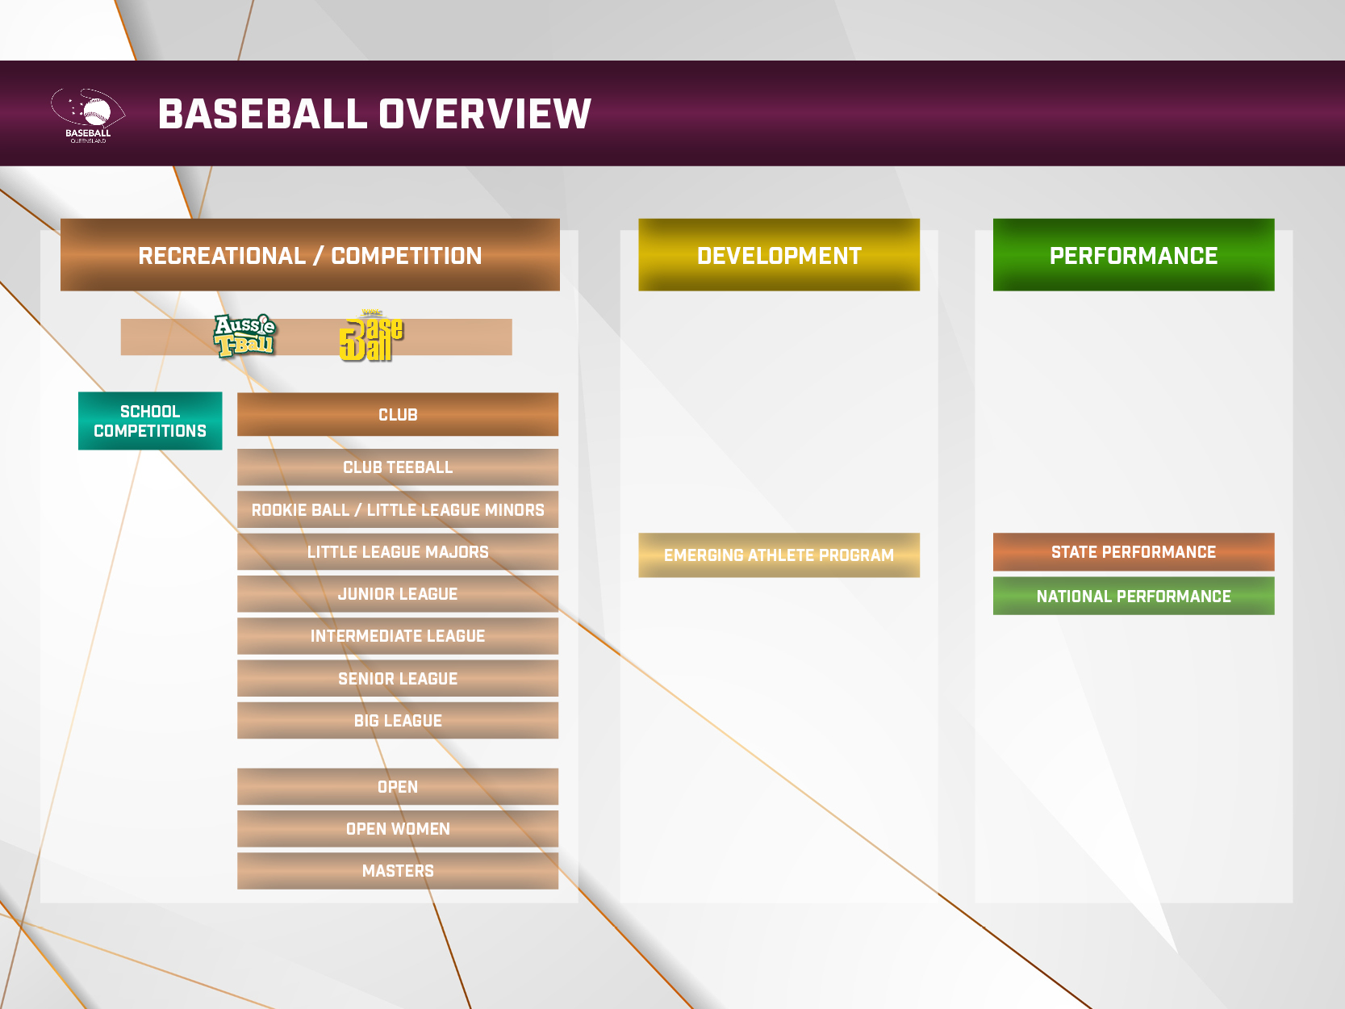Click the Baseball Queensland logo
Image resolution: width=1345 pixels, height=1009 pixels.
(88, 115)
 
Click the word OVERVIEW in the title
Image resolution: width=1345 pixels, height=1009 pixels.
(485, 114)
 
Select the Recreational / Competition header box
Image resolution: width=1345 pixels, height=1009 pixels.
(310, 255)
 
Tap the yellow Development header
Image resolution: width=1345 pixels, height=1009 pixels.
(779, 255)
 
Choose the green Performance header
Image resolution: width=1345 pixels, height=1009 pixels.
(1134, 255)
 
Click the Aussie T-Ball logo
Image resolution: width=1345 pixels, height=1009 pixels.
(244, 336)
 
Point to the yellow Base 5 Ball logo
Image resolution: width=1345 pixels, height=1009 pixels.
(370, 335)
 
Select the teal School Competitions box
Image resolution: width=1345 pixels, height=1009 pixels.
(150, 421)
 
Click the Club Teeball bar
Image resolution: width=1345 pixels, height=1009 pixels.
(398, 467)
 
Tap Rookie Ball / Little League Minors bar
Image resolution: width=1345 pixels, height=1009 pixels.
(398, 509)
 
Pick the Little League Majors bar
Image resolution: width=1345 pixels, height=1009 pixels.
(398, 551)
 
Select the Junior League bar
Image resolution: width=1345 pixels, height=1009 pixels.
(398, 594)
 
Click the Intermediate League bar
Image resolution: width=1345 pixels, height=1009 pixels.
(398, 636)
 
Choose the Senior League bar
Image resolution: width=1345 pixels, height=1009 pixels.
(398, 679)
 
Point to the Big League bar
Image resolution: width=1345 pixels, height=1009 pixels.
(398, 720)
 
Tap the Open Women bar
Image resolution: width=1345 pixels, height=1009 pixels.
(398, 829)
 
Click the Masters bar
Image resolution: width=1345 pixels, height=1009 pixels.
(398, 871)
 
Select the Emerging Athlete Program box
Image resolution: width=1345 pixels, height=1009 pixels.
(779, 555)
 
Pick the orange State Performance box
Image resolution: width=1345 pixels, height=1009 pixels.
(1134, 551)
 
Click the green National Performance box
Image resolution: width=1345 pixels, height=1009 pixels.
(1134, 596)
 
